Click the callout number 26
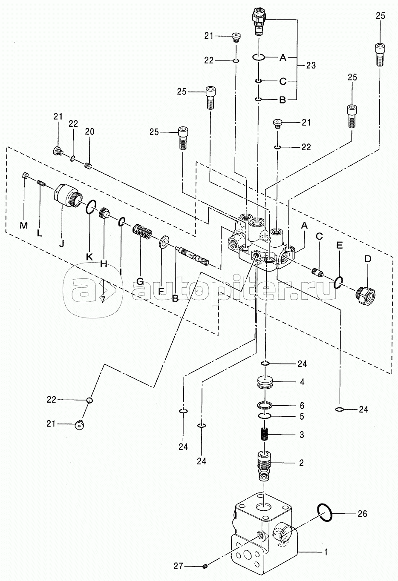coord(362,514)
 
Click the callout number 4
coord(302,382)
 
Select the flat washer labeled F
coord(164,243)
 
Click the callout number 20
coord(89,131)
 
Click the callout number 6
coord(302,406)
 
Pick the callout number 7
coord(103,299)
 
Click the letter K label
coord(89,257)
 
